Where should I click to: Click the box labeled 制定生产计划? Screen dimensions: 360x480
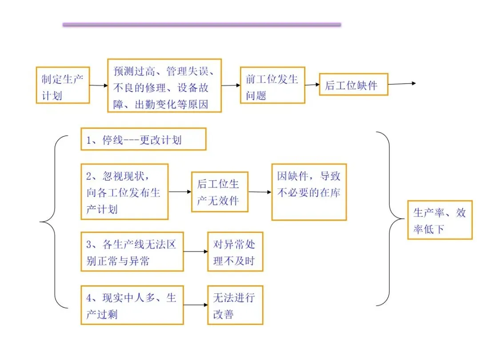click(63, 85)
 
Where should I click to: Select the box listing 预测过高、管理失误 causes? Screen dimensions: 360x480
click(164, 85)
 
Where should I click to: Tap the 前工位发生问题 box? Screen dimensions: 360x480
click(272, 85)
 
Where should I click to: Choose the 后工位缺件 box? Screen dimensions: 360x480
click(353, 84)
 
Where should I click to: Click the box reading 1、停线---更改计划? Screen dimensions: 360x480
click(143, 139)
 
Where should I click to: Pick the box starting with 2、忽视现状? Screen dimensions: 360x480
click(124, 192)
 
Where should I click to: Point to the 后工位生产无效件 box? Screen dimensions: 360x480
click(220, 192)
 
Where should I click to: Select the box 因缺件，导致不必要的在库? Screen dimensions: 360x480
click(309, 192)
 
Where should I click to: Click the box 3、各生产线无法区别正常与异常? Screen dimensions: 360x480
click(132, 252)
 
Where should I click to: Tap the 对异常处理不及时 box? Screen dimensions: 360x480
click(235, 252)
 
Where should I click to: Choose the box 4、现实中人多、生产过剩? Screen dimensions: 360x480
click(132, 305)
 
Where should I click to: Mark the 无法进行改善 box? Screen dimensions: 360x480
click(235, 305)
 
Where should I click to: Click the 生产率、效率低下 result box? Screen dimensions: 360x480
click(440, 220)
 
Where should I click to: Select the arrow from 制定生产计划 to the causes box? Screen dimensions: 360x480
click(99, 85)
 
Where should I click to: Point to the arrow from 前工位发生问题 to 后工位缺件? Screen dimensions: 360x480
click(312, 85)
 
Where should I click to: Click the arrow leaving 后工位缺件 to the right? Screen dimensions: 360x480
click(402, 84)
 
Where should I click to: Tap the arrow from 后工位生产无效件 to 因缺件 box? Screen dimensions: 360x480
click(260, 192)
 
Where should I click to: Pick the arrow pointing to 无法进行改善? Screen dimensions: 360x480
click(196, 305)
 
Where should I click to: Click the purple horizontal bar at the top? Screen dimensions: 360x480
click(202, 25)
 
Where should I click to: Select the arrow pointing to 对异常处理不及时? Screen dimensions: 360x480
click(196, 252)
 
